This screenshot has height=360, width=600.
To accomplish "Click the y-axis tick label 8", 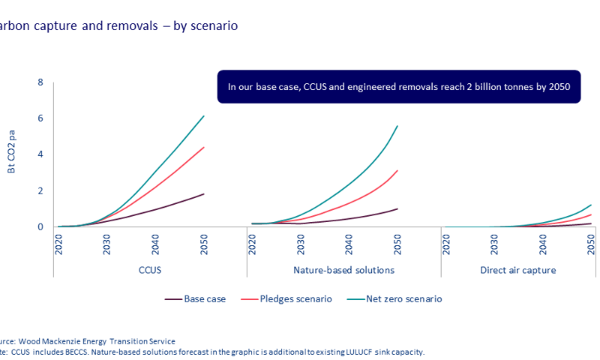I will click(x=40, y=82).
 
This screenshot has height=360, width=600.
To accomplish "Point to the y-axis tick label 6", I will click(x=40, y=118).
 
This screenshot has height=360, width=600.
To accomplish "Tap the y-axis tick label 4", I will click(x=40, y=154).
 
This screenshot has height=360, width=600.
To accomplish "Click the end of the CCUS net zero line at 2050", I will click(x=203, y=116).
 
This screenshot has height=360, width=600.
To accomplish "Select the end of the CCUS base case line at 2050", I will click(x=203, y=194).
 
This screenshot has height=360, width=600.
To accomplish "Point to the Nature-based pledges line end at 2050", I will click(x=397, y=170).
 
